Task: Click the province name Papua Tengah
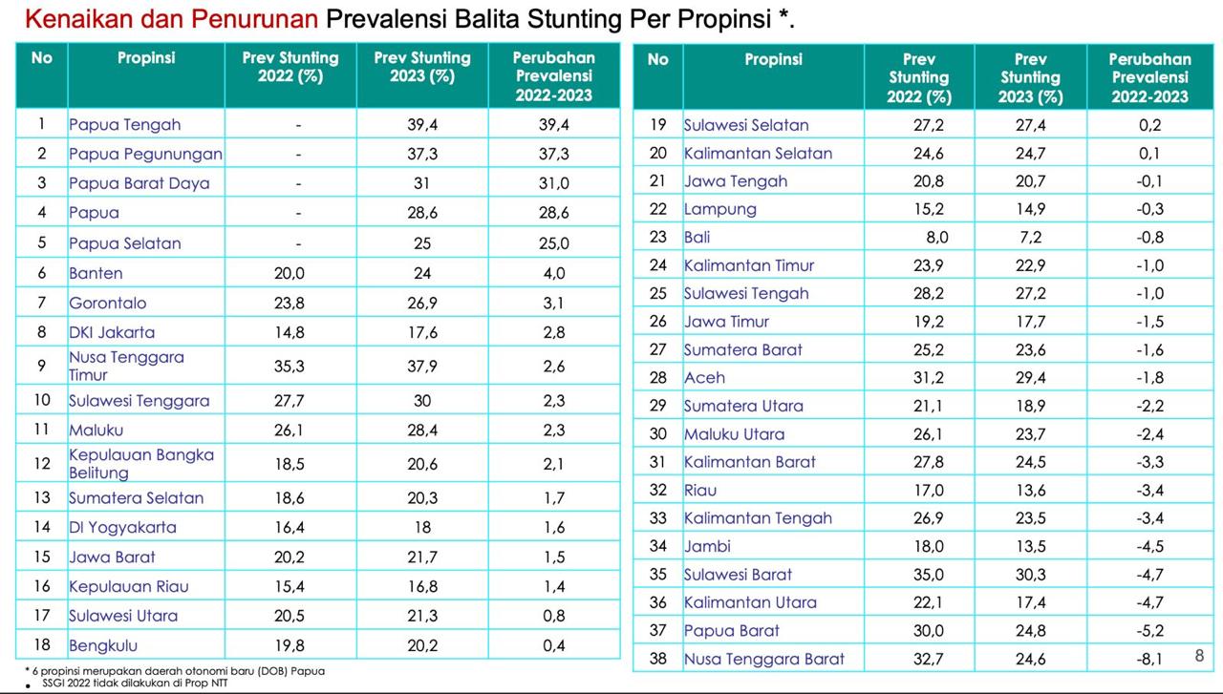pyautogui.click(x=125, y=124)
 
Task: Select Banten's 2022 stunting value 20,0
pyautogui.click(x=290, y=273)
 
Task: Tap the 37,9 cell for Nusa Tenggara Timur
pyautogui.click(x=421, y=366)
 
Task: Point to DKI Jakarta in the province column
pyautogui.click(x=112, y=332)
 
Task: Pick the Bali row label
pyautogui.click(x=697, y=237)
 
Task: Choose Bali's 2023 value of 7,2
pyautogui.click(x=1030, y=237)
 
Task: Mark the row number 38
pyautogui.click(x=657, y=659)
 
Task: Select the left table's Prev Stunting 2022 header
pyautogui.click(x=290, y=67)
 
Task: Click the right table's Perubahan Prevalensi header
pyautogui.click(x=1149, y=77)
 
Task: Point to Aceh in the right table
pyautogui.click(x=704, y=377)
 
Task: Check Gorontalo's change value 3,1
pyautogui.click(x=554, y=303)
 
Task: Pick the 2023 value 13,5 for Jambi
pyautogui.click(x=1030, y=546)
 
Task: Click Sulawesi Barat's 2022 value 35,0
pyautogui.click(x=918, y=575)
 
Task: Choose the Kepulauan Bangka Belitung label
pyautogui.click(x=141, y=464)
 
